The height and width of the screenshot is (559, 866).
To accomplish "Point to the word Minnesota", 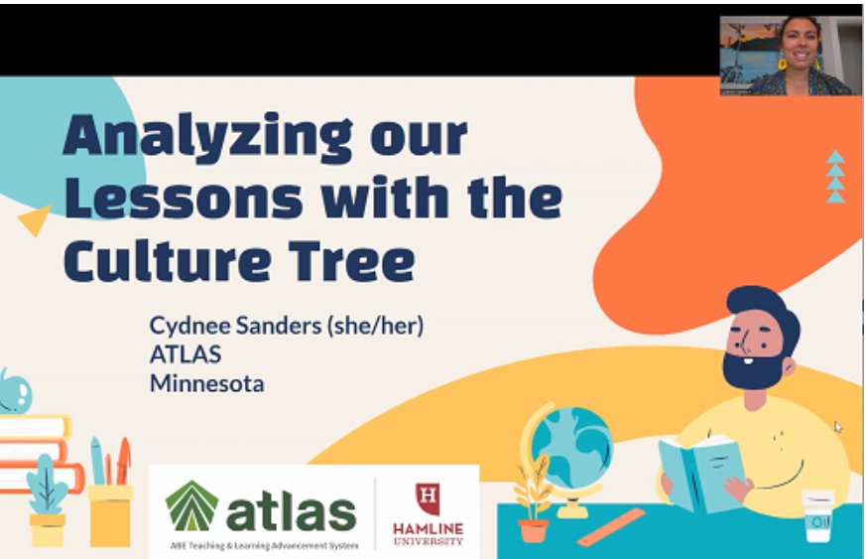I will pos(206,382).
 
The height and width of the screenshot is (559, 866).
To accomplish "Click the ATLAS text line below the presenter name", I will pos(185,354).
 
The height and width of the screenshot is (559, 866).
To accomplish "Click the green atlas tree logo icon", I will pos(191,505).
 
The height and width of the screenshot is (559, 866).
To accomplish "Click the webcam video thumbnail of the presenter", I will pos(790,56).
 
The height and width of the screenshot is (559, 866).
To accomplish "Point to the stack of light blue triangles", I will pos(835,177).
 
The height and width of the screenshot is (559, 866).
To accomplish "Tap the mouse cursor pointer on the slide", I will pos(838,427).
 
